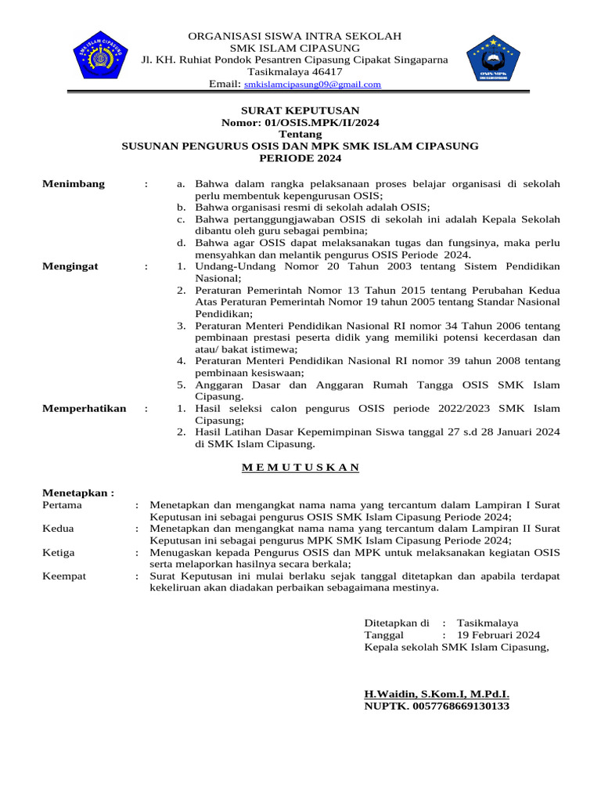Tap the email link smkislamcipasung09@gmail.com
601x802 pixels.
tap(312, 85)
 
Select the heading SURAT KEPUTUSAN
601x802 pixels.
tap(300, 110)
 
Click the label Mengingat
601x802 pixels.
tap(70, 266)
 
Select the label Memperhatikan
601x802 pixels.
tap(84, 408)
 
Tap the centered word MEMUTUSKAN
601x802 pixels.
tap(300, 468)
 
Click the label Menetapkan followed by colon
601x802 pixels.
tap(77, 493)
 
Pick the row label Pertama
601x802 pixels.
tap(62, 505)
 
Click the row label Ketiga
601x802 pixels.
tap(58, 552)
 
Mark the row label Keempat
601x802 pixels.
tap(63, 576)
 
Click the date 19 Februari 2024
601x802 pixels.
tap(498, 635)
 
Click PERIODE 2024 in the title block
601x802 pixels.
tap(300, 157)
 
